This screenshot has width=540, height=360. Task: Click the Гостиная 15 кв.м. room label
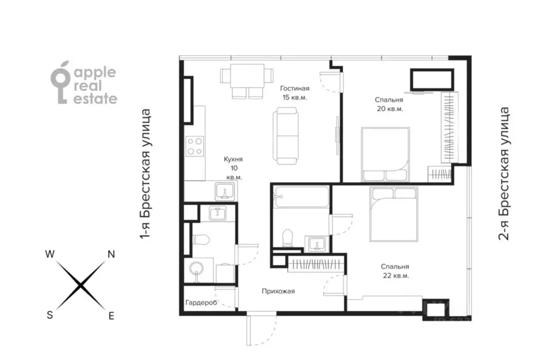[x=295, y=93]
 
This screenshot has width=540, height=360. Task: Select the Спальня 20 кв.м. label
[x=389, y=104]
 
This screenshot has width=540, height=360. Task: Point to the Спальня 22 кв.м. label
[x=395, y=271]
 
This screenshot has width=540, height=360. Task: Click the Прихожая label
[x=278, y=291]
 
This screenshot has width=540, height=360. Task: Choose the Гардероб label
[x=202, y=303]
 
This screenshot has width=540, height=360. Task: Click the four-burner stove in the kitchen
[x=195, y=146]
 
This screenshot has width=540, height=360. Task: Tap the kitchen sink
[x=225, y=191]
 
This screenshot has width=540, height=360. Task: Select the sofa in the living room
[x=286, y=136]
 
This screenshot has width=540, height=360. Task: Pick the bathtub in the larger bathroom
[x=301, y=197]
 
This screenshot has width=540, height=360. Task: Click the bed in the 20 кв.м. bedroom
[x=385, y=154]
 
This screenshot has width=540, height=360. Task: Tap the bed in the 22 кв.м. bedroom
[x=394, y=214]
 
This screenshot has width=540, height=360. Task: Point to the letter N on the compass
[x=111, y=254]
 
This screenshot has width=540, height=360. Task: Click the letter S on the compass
[x=50, y=315]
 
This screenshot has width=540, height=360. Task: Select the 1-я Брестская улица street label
[x=145, y=174]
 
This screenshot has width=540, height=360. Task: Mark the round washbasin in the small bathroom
[x=197, y=269]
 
